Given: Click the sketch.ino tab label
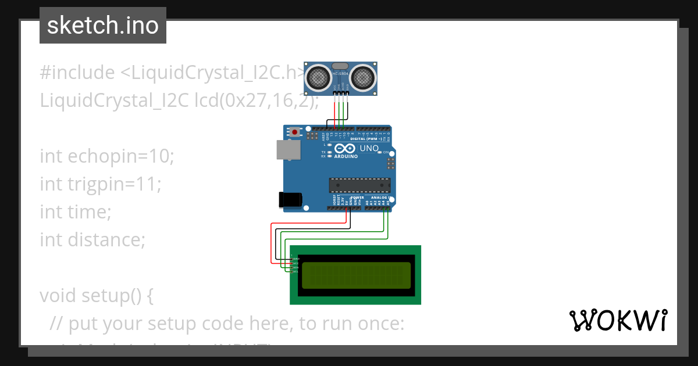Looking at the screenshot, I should (103, 26).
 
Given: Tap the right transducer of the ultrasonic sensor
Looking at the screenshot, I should (364, 77).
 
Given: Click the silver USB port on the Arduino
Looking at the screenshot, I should (289, 149).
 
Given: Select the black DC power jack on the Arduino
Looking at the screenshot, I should (290, 199).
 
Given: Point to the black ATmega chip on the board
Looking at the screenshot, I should (359, 185).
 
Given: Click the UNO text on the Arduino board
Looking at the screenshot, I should (369, 148).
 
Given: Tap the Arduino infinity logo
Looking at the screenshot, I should (345, 149).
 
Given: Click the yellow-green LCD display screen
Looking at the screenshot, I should (355, 275).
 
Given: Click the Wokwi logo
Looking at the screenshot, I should (617, 320).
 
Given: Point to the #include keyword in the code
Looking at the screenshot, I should (77, 73).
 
